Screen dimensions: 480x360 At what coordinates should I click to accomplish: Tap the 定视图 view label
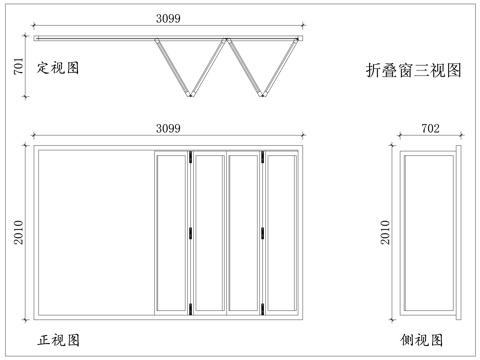point(58,68)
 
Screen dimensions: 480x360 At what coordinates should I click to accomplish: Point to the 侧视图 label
point(425,340)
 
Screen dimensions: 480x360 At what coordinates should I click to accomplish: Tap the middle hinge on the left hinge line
point(190,234)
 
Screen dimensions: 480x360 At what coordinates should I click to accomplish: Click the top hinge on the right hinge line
point(262,157)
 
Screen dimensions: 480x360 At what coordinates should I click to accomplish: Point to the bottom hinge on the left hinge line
point(190,307)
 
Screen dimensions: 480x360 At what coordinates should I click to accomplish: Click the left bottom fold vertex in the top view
point(191,96)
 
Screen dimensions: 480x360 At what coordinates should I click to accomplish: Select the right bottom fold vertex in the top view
point(263,96)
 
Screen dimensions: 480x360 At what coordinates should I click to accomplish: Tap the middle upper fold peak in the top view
point(227,40)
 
